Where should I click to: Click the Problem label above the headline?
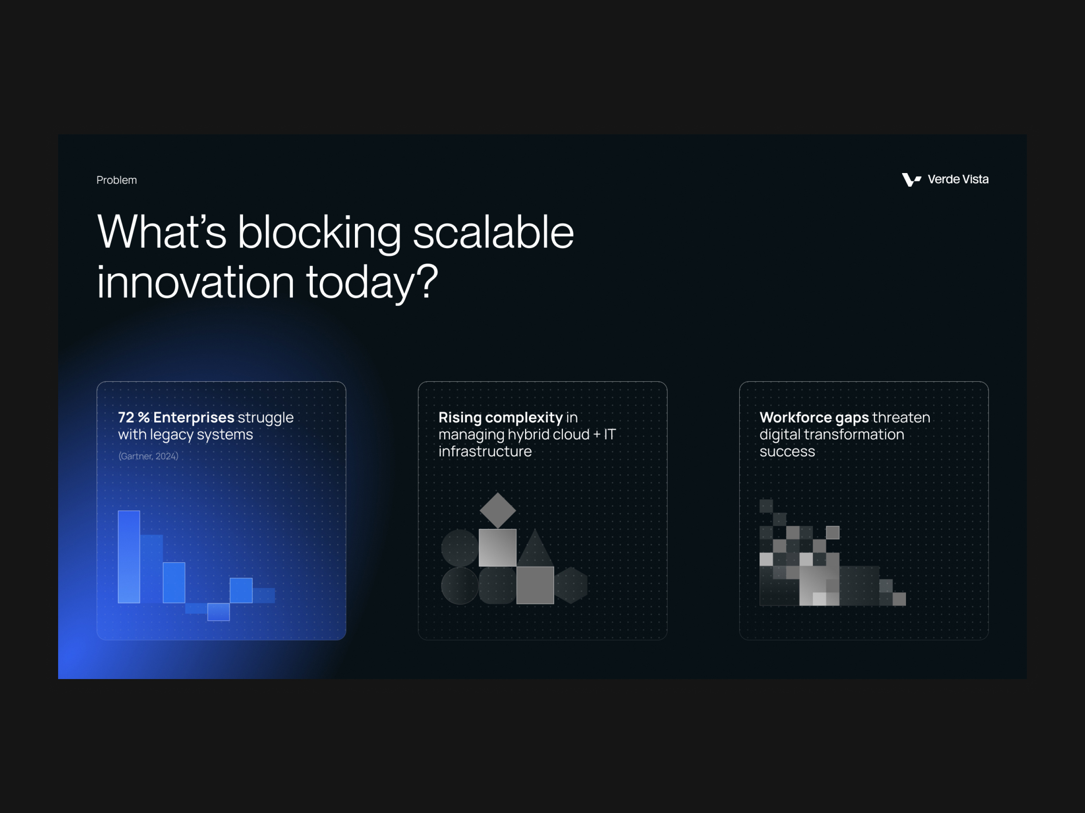pyautogui.click(x=116, y=180)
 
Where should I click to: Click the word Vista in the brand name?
pyautogui.click(x=975, y=179)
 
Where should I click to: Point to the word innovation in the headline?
pyautogui.click(x=195, y=282)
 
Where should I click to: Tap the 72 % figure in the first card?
pyautogui.click(x=133, y=417)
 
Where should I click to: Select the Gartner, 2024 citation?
pyautogui.click(x=148, y=456)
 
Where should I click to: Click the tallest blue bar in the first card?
pyautogui.click(x=129, y=557)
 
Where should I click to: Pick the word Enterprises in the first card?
pyautogui.click(x=194, y=417)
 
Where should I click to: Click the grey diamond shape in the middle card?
pyautogui.click(x=498, y=510)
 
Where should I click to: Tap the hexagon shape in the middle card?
pyautogui.click(x=571, y=585)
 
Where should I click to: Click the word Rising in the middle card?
pyautogui.click(x=460, y=417)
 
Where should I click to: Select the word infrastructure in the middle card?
pyautogui.click(x=485, y=451)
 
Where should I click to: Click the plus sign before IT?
pyautogui.click(x=596, y=435)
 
